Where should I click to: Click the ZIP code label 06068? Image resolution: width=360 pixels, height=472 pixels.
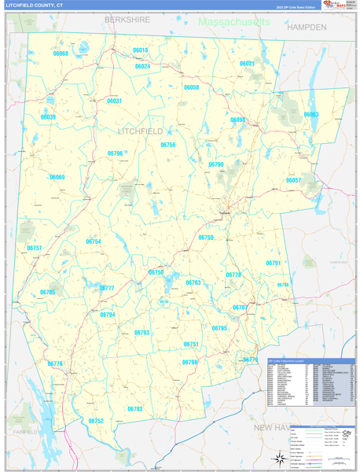point(61,53)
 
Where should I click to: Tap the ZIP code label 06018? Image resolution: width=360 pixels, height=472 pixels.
point(140,50)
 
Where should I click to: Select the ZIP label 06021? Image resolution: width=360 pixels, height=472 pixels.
point(247,63)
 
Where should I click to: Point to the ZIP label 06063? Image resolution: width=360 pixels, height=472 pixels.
point(311,115)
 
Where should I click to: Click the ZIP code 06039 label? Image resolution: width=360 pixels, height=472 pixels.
point(48,116)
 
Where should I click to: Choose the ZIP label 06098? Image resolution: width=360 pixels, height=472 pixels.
point(237,120)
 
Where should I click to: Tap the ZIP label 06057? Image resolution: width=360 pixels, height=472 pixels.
point(293,180)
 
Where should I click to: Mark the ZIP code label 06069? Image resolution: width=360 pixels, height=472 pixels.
point(57,177)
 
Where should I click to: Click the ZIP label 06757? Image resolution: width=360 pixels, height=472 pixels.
point(35,248)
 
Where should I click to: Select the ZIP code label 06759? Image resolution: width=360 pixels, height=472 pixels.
point(206,237)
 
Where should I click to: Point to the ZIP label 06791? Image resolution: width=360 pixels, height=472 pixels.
point(273,263)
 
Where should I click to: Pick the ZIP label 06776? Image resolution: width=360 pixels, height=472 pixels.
point(55,363)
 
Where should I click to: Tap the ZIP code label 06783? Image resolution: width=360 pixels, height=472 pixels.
point(134,408)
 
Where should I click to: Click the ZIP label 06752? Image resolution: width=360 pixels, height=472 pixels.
point(96,420)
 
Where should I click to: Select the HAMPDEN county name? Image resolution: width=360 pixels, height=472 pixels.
point(307,27)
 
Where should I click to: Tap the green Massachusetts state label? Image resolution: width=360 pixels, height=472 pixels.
point(233,22)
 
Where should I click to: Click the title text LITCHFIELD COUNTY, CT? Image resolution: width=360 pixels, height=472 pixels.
point(35,5)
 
